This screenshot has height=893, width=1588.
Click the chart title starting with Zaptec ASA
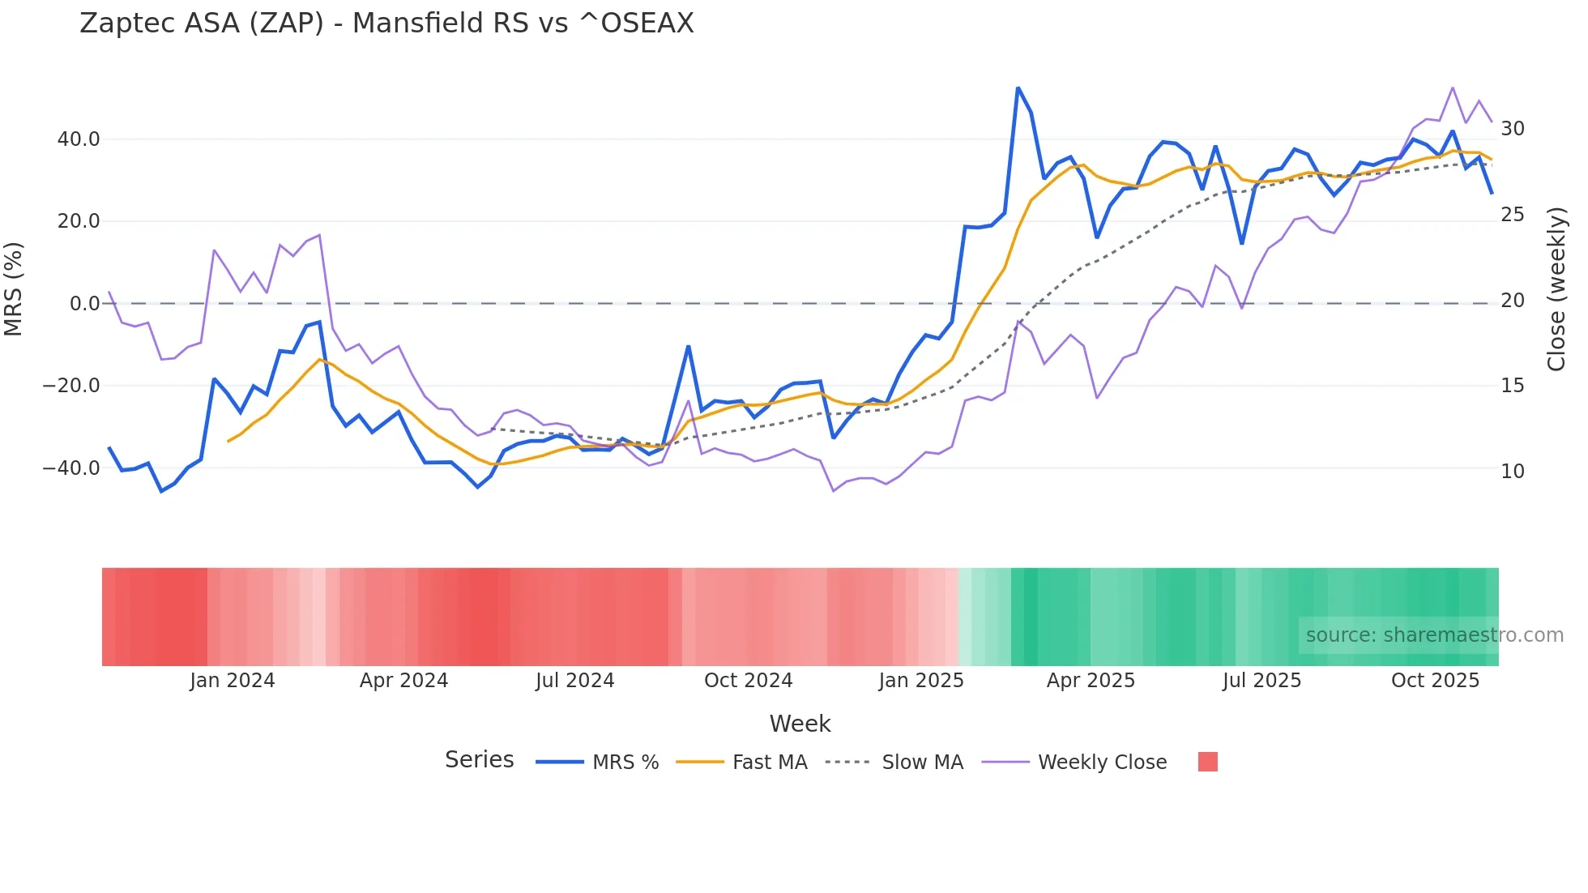pos(386,23)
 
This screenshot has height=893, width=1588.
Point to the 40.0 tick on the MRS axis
pos(79,139)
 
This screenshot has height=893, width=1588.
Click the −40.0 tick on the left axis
pos(71,468)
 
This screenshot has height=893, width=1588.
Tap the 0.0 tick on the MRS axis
pos(84,304)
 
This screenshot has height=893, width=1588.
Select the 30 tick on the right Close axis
pos(1512,129)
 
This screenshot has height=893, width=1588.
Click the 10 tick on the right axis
pos(1512,471)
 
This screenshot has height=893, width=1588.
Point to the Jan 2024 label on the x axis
pos(233,681)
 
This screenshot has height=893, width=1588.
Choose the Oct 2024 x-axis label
pos(748,681)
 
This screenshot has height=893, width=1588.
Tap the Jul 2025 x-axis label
pos(1261,681)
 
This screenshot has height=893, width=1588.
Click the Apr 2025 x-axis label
pos(1091,681)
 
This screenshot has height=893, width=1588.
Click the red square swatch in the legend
pos(1207,762)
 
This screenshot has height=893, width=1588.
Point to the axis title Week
pos(800,724)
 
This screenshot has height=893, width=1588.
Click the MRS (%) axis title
pos(14,288)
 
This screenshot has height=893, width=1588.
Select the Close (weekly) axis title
pos(1556,288)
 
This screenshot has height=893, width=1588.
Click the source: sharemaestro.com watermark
pos(1434,635)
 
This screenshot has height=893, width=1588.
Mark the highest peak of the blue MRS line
pos(1018,88)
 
